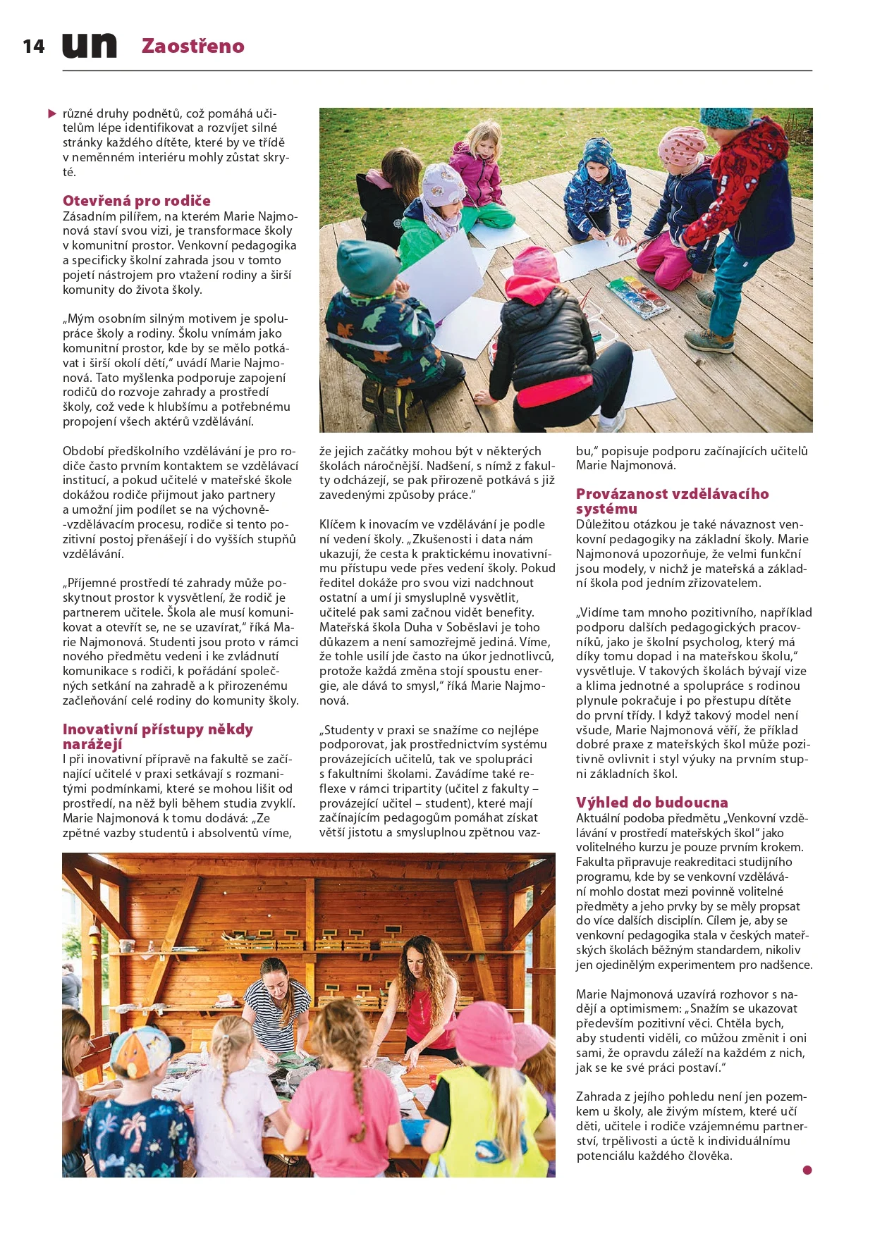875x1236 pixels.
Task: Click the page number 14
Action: (x=33, y=47)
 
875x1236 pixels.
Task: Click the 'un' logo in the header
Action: (x=90, y=46)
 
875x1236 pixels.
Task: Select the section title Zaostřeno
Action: (x=192, y=46)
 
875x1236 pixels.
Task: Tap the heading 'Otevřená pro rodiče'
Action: (x=136, y=201)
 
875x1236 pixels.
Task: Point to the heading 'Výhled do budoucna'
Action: (x=651, y=803)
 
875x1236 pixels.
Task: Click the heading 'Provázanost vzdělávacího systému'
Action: (x=672, y=501)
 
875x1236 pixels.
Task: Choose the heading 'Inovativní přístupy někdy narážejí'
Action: (x=157, y=736)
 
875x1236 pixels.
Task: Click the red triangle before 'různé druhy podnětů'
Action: (x=52, y=113)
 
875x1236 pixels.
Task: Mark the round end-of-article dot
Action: (x=807, y=1170)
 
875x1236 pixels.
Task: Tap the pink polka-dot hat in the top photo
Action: (x=681, y=144)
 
